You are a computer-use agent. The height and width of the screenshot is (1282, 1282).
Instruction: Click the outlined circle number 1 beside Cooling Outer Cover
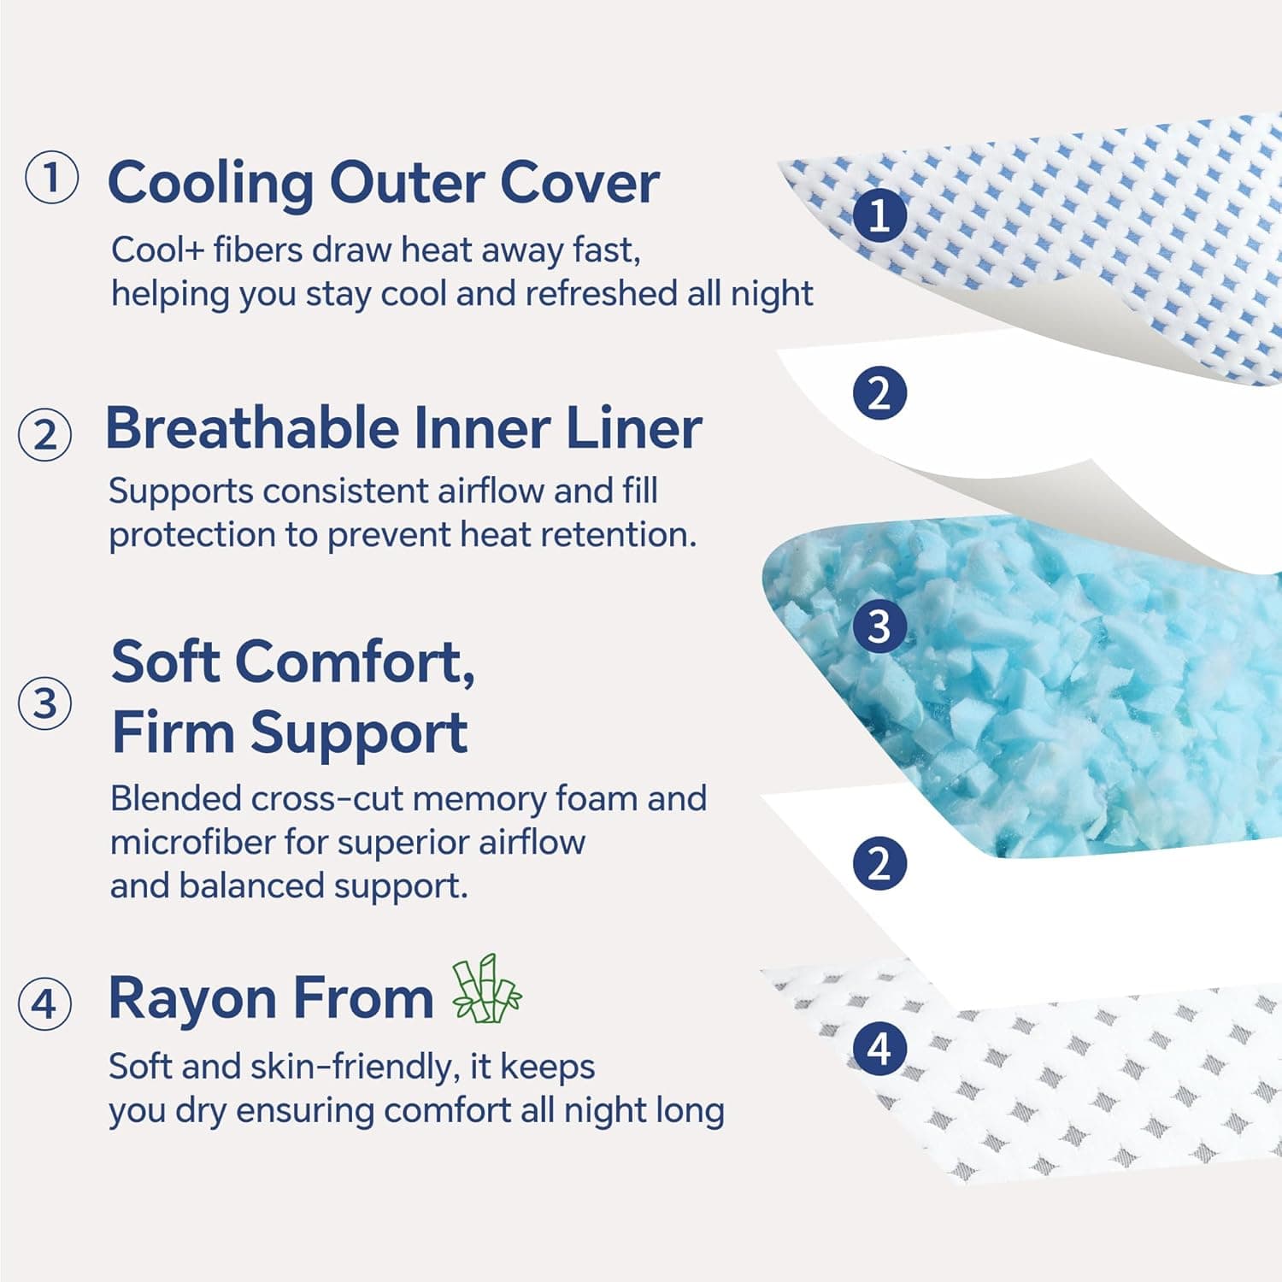[51, 178]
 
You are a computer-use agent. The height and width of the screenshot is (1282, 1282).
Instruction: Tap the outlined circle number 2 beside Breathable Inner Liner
[44, 434]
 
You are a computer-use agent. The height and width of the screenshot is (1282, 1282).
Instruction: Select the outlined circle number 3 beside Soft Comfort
[44, 703]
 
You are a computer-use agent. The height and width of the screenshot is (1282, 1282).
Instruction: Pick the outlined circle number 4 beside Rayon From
[44, 1003]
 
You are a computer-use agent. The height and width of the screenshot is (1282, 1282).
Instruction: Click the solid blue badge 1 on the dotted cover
[879, 215]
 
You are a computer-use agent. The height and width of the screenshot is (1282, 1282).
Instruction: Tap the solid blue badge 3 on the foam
[879, 626]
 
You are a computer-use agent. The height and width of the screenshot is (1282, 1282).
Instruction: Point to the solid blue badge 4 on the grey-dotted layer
[879, 1048]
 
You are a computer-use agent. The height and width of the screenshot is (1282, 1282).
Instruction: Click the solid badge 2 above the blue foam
[879, 393]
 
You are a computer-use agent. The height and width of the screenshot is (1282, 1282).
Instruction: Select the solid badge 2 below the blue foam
[879, 863]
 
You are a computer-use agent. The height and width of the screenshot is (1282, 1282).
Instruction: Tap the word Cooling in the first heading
[210, 183]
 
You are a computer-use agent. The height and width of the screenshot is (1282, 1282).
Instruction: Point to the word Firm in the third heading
[172, 732]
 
